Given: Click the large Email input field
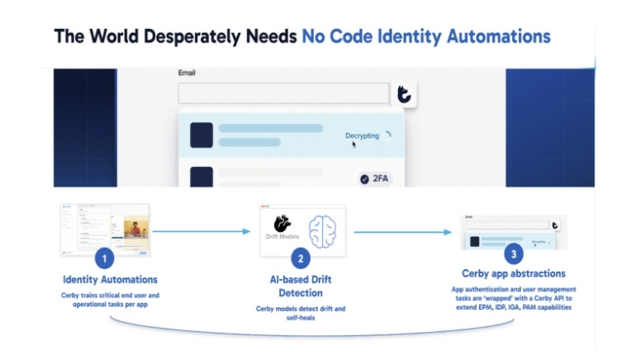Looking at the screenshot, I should tap(282, 93).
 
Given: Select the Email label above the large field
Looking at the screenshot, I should tap(187, 73).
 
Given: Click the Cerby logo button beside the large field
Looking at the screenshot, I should tap(405, 93).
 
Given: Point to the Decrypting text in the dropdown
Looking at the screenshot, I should tap(363, 135).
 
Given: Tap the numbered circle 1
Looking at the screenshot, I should tap(103, 258).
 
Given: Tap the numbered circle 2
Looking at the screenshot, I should tap(301, 258).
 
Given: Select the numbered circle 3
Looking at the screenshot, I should tap(514, 254).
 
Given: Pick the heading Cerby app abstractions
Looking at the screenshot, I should tap(514, 273).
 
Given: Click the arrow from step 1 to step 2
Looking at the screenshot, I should tap(201, 231).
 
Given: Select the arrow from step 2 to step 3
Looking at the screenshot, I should tap(404, 232).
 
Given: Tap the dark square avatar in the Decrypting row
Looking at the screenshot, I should tap(202, 135).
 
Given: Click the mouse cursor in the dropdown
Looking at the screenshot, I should tap(354, 144).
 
